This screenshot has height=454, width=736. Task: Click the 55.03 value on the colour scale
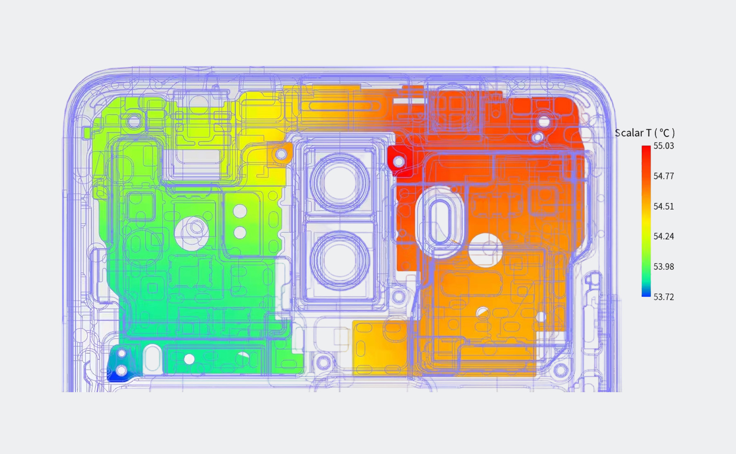coord(664,146)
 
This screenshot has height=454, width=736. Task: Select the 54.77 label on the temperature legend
coord(664,176)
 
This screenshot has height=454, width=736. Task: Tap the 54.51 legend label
coord(664,206)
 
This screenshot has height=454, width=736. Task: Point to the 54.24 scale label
coord(664,236)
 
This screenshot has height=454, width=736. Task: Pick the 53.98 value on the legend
coord(664,267)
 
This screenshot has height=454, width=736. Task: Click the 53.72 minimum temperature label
coord(664,297)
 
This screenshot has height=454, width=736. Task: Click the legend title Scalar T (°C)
coord(645,133)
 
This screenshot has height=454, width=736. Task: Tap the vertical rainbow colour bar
coord(646,221)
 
